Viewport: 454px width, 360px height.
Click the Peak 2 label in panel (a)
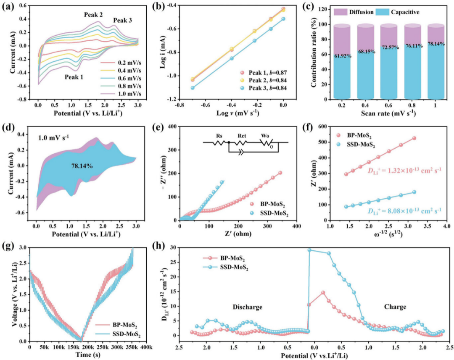pyautogui.click(x=93, y=14)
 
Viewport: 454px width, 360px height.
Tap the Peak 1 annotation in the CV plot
pyautogui.click(x=74, y=77)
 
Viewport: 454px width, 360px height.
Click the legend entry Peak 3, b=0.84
pyautogui.click(x=263, y=88)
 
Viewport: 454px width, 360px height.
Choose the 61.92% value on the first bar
pyautogui.click(x=343, y=56)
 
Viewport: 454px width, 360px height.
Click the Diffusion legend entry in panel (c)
pyautogui.click(x=354, y=12)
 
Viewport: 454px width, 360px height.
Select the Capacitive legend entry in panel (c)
pyautogui.click(x=398, y=12)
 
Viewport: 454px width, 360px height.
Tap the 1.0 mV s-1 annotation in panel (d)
pyautogui.click(x=53, y=137)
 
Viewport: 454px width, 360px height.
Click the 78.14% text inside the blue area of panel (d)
pyautogui.click(x=82, y=166)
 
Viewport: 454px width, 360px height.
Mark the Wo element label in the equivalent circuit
pyautogui.click(x=265, y=136)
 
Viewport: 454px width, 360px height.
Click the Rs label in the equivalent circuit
pyautogui.click(x=219, y=136)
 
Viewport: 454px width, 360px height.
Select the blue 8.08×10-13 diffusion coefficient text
pyautogui.click(x=404, y=210)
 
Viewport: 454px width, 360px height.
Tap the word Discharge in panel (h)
pyautogui.click(x=247, y=307)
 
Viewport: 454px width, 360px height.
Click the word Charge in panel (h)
pyautogui.click(x=395, y=307)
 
